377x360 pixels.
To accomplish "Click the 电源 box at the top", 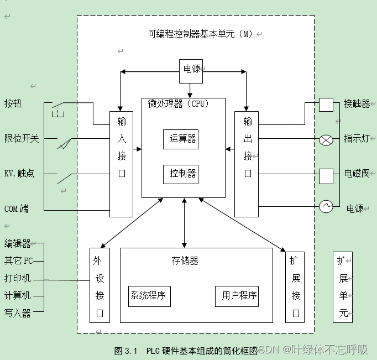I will tap(191, 70).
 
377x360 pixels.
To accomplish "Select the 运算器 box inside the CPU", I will tap(181, 139).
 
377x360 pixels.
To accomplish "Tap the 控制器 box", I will tap(181, 174).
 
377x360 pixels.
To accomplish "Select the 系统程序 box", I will tap(149, 295).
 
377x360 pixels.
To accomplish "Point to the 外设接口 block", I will tap(100, 285).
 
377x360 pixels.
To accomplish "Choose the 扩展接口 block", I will tap(295, 285).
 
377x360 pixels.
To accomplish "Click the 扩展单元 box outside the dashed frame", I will tap(343, 287).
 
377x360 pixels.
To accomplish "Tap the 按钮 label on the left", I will tap(13, 103).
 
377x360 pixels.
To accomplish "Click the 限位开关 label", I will tap(22, 138).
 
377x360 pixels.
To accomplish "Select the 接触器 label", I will tap(357, 104).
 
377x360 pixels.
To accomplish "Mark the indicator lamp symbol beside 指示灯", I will tap(326, 140).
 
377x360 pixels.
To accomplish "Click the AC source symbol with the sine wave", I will tap(326, 207).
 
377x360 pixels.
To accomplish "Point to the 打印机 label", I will tap(18, 278).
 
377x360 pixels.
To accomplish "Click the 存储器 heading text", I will tap(185, 260).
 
